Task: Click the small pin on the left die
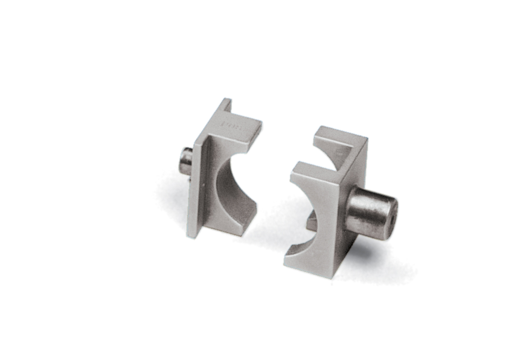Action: (x=186, y=161)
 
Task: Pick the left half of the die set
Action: (x=219, y=171)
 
